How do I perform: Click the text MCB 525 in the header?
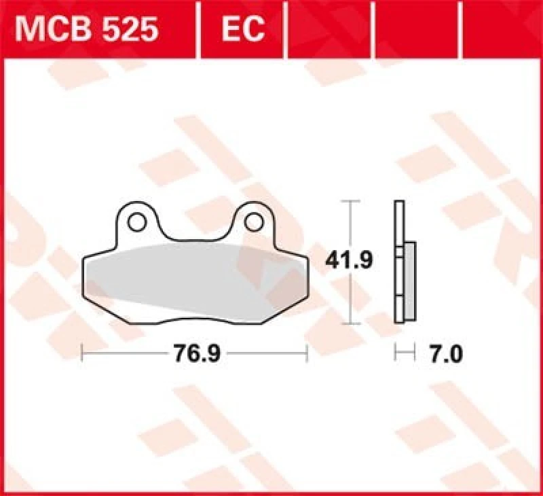88,29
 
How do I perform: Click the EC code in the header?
242,29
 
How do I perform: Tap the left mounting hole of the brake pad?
137,222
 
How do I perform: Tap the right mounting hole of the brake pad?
255,222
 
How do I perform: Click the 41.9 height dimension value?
350,261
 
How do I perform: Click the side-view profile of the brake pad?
404,262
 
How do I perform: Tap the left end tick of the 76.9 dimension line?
81,353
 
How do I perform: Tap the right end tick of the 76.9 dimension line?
307,353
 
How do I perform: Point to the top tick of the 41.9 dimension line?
350,202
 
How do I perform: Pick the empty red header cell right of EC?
330,29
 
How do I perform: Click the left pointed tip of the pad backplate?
83,261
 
